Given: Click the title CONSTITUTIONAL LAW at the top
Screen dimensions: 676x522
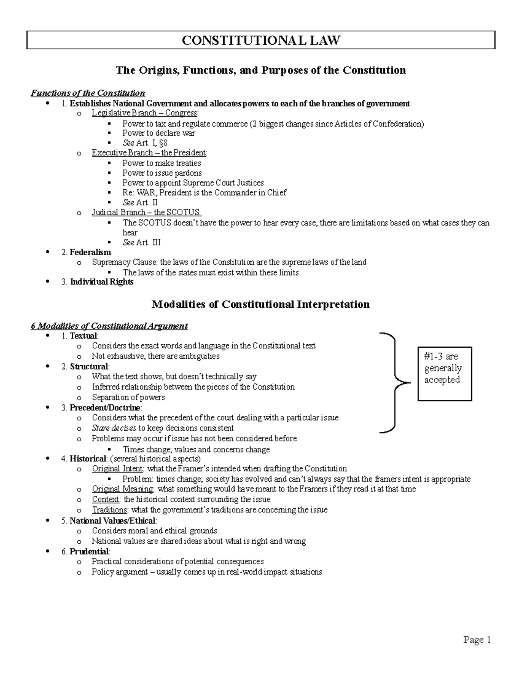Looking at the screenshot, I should [261, 40].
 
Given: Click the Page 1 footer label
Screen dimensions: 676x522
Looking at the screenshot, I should [477, 639].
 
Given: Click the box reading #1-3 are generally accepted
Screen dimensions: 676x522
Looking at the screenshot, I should [444, 373].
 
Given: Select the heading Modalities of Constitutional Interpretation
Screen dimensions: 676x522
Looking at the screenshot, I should [260, 304].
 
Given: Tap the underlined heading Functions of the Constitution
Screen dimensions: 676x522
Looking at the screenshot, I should [88, 93].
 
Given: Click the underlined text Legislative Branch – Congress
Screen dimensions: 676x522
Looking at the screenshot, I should [145, 113].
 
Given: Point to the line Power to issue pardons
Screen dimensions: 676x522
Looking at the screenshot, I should [162, 173].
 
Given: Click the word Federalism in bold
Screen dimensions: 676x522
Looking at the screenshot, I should [90, 252].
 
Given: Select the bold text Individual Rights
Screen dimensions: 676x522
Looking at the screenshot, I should [101, 282].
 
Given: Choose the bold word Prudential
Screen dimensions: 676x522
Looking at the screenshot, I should [89, 552].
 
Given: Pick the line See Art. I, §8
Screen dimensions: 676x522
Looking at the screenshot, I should [145, 143].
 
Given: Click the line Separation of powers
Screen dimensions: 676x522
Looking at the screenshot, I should [128, 397].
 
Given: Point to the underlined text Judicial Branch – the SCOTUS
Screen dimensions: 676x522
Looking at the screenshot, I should [147, 212].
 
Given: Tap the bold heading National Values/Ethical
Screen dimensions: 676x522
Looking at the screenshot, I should [112, 521].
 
